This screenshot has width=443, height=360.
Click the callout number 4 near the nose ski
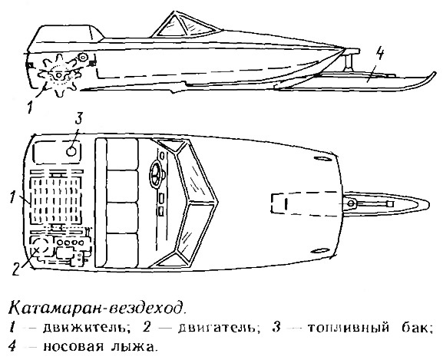(x=380, y=54)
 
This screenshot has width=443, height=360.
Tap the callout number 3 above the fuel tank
(x=78, y=119)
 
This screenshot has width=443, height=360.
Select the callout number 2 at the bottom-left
(x=16, y=269)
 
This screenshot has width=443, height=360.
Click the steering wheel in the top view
(x=156, y=175)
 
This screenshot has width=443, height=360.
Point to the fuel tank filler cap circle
(x=71, y=151)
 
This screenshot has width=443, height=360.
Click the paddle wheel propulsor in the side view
(x=59, y=75)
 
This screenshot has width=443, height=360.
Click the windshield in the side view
(x=185, y=26)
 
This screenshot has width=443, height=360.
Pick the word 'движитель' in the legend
(x=85, y=329)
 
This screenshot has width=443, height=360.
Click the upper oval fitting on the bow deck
(x=323, y=159)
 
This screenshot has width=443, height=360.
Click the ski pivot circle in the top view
(x=351, y=203)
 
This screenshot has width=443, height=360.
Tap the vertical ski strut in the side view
(x=349, y=63)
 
